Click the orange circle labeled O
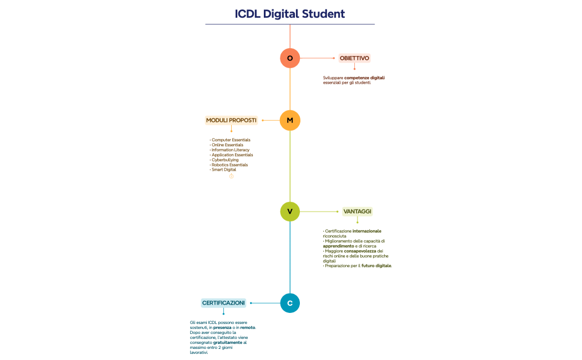point(290,58)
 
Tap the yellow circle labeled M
point(290,120)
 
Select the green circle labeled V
point(290,212)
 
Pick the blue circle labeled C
point(290,303)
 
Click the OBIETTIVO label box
point(354,58)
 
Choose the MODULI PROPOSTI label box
point(231,120)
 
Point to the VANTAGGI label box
point(358,212)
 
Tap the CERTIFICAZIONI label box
point(223,303)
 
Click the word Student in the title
point(323,14)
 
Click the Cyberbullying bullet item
point(225,160)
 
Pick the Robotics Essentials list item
point(229,165)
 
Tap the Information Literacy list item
point(231,150)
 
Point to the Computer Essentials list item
point(231,140)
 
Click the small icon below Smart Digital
point(231,176)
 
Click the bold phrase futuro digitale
point(376,266)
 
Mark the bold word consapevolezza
point(364,251)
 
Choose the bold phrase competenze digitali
point(364,78)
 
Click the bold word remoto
point(247,328)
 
